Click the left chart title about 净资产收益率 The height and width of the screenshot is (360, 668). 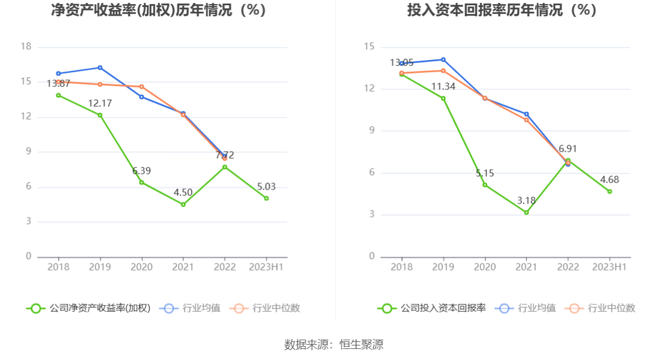pyautogui.click(x=159, y=10)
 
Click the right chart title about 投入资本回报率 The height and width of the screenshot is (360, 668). pyautogui.click(x=502, y=10)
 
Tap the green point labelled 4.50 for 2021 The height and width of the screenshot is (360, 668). pyautogui.click(x=183, y=204)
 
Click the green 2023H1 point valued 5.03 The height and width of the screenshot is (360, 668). pyautogui.click(x=267, y=198)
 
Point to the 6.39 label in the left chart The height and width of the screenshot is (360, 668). pyautogui.click(x=141, y=171)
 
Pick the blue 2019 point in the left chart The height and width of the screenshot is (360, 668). pyautogui.click(x=100, y=67)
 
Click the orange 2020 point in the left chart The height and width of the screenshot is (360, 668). pyautogui.click(x=141, y=87)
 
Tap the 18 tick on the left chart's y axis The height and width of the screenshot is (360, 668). pyautogui.click(x=26, y=47)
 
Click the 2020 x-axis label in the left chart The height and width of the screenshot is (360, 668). pyautogui.click(x=141, y=267)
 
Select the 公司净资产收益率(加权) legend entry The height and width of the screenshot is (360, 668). pyautogui.click(x=88, y=308)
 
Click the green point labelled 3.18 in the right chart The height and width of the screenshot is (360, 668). pyautogui.click(x=527, y=212)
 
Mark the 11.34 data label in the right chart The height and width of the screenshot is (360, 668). pyautogui.click(x=443, y=87)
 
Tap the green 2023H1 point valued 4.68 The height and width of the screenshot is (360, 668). pyautogui.click(x=610, y=191)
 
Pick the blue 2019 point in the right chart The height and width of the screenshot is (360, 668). pyautogui.click(x=443, y=59)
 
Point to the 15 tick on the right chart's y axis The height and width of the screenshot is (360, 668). pyautogui.click(x=369, y=47)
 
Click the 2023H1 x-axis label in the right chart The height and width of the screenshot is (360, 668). pyautogui.click(x=609, y=267)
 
